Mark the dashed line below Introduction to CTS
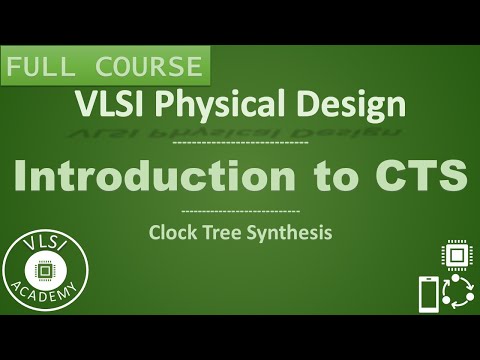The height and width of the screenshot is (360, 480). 240,212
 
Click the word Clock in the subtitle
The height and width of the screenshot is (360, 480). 171,234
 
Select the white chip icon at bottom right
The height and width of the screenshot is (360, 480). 456,256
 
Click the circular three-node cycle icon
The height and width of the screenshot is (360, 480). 457,294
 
